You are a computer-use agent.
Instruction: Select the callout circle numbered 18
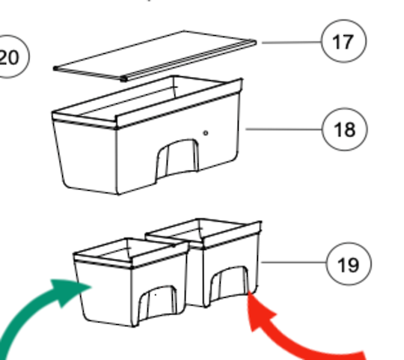coord(343,130)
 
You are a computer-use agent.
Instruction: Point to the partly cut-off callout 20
coord(10,57)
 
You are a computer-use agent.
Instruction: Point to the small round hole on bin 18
coord(206,133)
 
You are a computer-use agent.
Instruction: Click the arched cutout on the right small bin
coord(228,286)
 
